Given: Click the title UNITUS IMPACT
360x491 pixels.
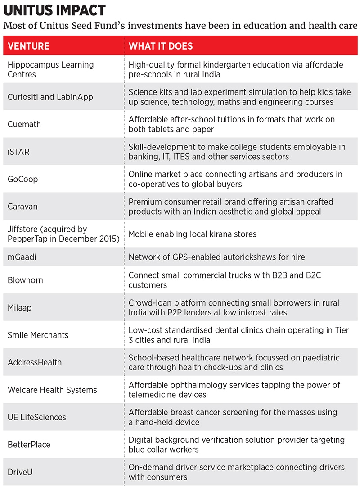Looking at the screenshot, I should click(54, 10).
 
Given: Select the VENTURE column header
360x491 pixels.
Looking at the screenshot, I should click(28, 46).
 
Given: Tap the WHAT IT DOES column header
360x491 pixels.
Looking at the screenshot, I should click(161, 46).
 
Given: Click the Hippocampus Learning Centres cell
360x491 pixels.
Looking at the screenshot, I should click(50, 69).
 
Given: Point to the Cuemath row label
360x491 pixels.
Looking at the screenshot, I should click(24, 124).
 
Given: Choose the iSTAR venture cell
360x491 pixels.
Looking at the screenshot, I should click(18, 152).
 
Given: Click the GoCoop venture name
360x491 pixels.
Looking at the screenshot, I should click(22, 179).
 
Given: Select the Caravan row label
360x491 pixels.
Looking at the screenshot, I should click(22, 207).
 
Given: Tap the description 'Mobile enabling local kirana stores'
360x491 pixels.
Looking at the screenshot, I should click(192, 234).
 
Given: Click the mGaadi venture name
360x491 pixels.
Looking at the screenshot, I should click(22, 257).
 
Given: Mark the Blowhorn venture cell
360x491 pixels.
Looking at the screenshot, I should click(25, 280).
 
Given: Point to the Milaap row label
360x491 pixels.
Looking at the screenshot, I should click(19, 307).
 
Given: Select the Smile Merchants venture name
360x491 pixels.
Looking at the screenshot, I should click(38, 335).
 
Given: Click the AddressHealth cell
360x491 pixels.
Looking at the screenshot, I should click(35, 362).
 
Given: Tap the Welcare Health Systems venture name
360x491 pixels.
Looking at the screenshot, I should click(52, 390).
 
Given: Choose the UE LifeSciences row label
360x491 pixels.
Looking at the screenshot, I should click(37, 417).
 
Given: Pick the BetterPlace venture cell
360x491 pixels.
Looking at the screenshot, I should click(29, 445).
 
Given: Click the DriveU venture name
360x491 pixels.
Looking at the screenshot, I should click(20, 472).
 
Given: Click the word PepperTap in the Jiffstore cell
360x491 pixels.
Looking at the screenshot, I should click(27, 239).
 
